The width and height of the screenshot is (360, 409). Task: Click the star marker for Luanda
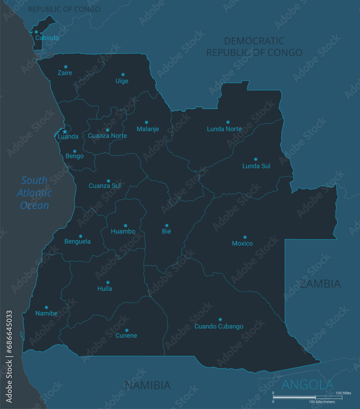click(x=65, y=132)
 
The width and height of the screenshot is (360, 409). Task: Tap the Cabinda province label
click(x=47, y=38)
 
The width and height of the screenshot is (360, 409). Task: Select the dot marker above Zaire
click(x=65, y=67)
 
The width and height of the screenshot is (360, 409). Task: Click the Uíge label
click(x=122, y=81)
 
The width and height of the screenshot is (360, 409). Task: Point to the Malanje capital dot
click(x=146, y=122)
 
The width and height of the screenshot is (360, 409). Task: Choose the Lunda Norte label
click(x=224, y=129)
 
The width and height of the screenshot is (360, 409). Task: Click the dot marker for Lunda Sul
click(x=256, y=159)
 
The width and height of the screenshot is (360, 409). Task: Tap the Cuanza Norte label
click(x=107, y=136)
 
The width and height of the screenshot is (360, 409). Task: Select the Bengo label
click(x=74, y=156)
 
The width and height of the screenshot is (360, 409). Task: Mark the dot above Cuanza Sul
click(x=108, y=181)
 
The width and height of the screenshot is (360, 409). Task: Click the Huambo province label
click(x=123, y=231)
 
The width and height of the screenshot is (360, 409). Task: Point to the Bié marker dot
click(x=166, y=225)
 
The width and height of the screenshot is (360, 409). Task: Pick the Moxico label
click(x=242, y=243)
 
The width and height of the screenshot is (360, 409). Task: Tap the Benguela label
click(x=77, y=241)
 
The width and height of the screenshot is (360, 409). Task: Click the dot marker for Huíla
click(x=108, y=282)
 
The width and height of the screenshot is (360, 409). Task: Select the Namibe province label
click(x=46, y=313)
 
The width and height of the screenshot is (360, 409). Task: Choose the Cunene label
click(x=126, y=336)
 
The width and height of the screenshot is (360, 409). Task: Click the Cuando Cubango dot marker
click(x=220, y=319)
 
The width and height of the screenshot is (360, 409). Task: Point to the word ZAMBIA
click(x=320, y=283)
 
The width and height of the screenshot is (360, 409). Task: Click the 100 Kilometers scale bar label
click(x=322, y=402)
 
